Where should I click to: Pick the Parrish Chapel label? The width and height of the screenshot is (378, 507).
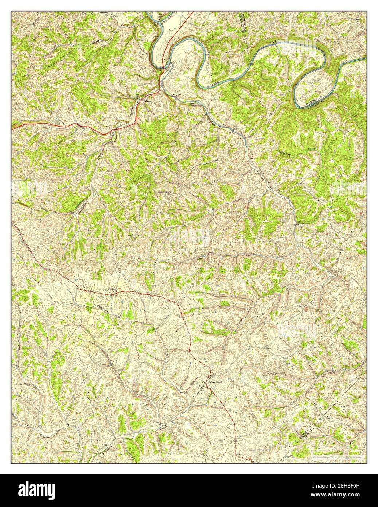[193, 105]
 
